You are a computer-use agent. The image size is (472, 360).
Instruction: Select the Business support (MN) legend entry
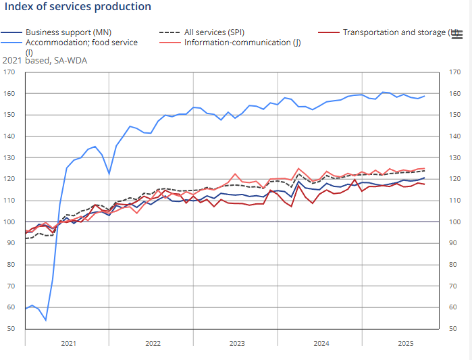point(68,32)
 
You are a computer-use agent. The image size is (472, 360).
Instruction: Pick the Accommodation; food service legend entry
point(81,42)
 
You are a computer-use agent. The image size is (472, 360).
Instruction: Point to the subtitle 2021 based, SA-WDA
point(45,60)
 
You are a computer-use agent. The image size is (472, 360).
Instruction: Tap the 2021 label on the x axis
point(68,344)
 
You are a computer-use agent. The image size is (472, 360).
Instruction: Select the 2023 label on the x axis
point(236,344)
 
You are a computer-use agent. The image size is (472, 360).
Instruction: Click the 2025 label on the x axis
point(405,344)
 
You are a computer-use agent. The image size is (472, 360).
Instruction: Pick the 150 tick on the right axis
point(454,115)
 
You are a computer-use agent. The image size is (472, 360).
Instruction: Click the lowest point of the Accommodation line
point(46,319)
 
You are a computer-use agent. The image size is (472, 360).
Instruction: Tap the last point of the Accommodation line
point(424,96)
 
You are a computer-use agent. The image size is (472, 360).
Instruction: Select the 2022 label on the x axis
point(153,344)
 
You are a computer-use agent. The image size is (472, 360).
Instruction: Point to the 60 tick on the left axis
point(11,307)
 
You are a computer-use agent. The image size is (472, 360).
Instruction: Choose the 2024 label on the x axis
point(321,344)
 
